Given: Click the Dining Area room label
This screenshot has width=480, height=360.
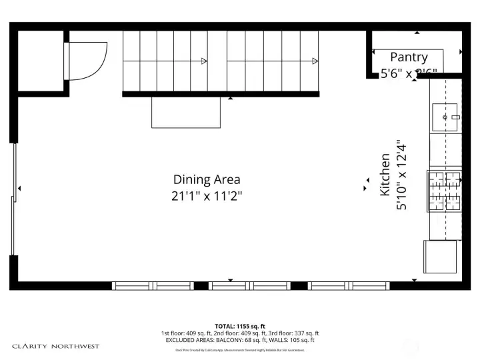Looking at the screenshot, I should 207,179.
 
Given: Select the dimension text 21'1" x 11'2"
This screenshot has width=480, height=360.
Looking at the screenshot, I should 207,196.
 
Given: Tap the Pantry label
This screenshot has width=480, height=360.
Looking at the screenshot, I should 409,57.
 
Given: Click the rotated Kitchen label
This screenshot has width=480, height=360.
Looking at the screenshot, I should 385,175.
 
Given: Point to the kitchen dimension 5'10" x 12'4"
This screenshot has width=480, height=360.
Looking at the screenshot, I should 401,175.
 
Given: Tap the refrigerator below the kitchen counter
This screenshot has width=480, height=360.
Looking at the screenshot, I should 440,257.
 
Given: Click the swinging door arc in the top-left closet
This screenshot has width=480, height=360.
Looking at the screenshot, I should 87,61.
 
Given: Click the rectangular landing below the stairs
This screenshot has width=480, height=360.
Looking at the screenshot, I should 186,112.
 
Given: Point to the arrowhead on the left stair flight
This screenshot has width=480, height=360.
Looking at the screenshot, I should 204,61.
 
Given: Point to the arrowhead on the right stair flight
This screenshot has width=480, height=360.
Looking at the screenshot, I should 314,61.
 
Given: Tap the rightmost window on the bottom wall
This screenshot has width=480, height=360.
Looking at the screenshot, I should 349,285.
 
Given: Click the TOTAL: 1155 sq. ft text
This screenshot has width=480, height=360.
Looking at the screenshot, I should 239,326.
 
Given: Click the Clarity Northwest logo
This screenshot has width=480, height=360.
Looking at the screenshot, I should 55,346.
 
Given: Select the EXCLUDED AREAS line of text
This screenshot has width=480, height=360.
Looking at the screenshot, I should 239,340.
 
